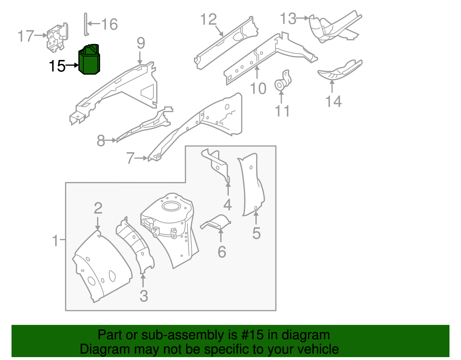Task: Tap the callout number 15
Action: click(57, 66)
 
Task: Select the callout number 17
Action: click(26, 36)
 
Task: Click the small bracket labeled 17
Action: click(57, 38)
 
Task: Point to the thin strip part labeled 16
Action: click(86, 24)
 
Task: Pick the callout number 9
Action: click(141, 43)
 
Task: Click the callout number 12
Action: click(208, 20)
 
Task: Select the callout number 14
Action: click(333, 101)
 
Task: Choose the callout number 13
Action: click(288, 18)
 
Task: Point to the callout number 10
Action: click(258, 88)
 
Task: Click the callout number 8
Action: click(101, 141)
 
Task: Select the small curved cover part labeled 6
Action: click(216, 222)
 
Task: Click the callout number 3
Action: click(144, 296)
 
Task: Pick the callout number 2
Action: click(98, 208)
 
